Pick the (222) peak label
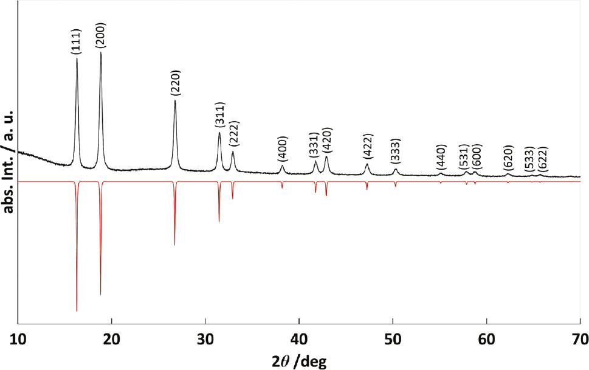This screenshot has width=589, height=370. point(233,135)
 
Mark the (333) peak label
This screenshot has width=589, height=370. point(396,155)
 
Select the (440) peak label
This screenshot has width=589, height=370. point(441,159)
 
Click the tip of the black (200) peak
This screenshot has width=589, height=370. point(101,53)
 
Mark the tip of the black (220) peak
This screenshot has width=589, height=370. point(175,100)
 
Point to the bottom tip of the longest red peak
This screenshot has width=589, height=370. point(77,311)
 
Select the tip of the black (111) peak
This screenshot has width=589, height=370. point(77,58)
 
